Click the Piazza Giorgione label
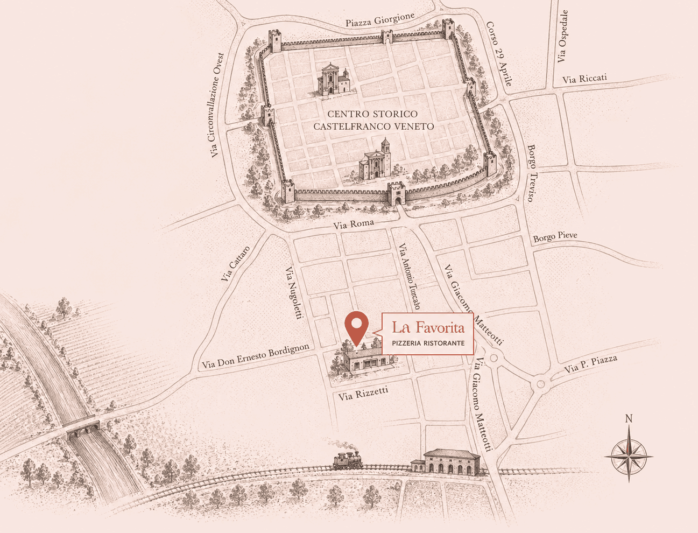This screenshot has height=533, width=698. pyautogui.click(x=380, y=20)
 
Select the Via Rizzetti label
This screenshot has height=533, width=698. pyautogui.click(x=363, y=394)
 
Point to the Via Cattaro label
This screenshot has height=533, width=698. pyautogui.click(x=236, y=263)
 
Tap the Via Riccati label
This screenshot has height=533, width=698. pyautogui.click(x=584, y=79)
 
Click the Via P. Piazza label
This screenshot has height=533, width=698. pyautogui.click(x=590, y=365)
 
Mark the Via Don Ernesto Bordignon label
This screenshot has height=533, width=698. pyautogui.click(x=256, y=356)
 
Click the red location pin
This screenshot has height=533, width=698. pyautogui.click(x=356, y=326)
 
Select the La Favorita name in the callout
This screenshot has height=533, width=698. pyautogui.click(x=428, y=327)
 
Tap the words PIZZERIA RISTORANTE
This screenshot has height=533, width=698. pyautogui.click(x=428, y=343)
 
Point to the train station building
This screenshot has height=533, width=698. pyautogui.click(x=451, y=462)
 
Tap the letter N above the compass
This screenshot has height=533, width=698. pyautogui.click(x=629, y=419)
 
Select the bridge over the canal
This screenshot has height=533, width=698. pyautogui.click(x=84, y=428)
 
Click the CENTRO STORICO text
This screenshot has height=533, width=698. pyautogui.click(x=372, y=114)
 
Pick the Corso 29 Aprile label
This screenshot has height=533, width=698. pyautogui.click(x=499, y=54)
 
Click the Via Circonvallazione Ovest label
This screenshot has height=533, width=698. pyautogui.click(x=216, y=105)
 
